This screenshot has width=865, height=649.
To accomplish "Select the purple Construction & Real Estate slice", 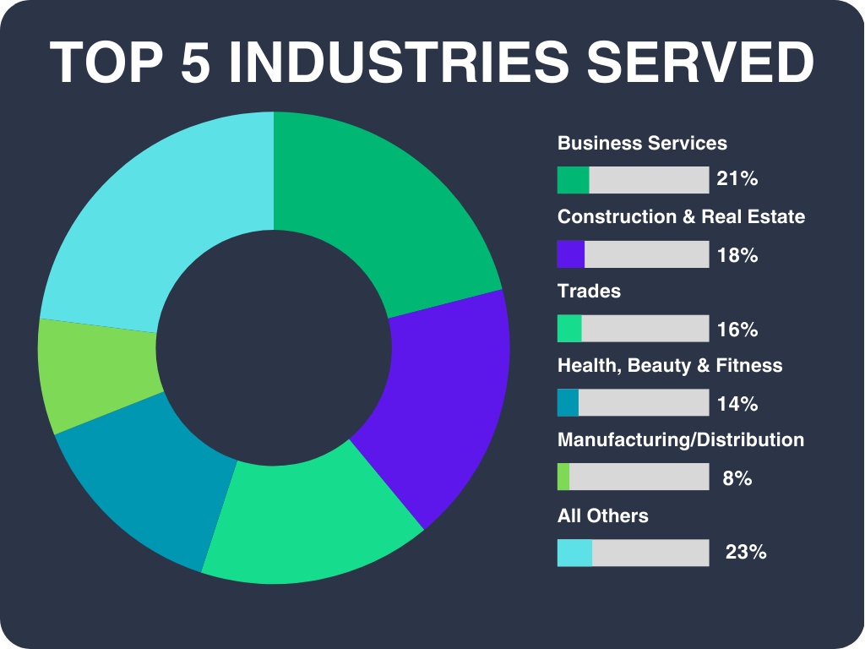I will coord(431,397).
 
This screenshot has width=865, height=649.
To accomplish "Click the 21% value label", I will coord(737,179).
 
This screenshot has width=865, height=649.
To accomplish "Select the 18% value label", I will coord(737,254).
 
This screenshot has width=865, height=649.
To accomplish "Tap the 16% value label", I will coord(737,329).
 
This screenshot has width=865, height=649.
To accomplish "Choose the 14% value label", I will coord(737,403).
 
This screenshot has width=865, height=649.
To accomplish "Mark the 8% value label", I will coord(737,478).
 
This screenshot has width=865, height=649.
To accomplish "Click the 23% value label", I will coord(746,553).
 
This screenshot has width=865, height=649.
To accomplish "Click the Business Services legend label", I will coord(642,143).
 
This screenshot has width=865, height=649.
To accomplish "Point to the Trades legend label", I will coord(589,292).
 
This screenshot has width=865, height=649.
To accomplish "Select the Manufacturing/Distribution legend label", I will coord(681,440).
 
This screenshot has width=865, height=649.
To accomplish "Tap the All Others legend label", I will coord(603,515).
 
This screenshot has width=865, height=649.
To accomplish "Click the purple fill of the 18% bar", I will coord(571,254).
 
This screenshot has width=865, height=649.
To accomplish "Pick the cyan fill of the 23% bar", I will coord(574,553).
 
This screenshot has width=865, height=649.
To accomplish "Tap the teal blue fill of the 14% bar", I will coord(568,403).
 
